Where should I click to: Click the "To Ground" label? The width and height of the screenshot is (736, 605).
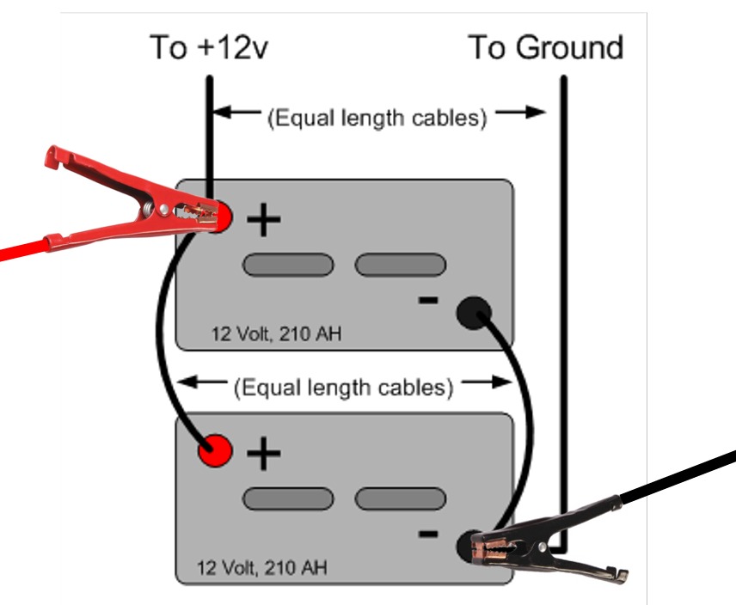pos(545,47)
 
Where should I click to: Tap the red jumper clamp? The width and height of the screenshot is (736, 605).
pos(129,193)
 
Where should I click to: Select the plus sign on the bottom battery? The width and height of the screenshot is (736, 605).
pos(264,453)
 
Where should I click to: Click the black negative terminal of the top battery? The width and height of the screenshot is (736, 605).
pos(473,311)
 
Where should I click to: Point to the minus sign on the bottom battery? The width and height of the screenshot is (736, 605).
pos(427,534)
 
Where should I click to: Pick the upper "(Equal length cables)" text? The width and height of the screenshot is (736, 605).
pos(377,118)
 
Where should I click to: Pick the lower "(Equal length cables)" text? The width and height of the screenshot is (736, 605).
pos(343,388)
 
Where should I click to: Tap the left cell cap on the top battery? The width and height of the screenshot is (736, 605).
pos(287,266)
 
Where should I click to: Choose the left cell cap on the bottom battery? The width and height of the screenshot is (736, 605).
pos(287,498)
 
